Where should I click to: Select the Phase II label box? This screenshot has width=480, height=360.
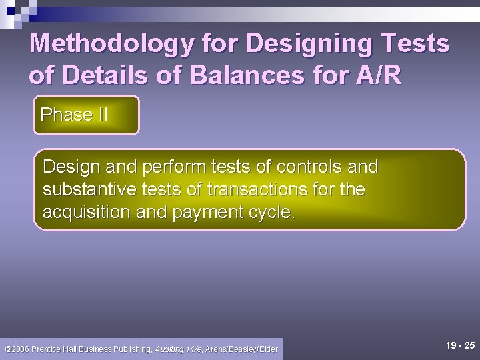86,115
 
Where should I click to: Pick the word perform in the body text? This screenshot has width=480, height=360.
170,167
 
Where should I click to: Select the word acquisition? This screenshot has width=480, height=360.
86,212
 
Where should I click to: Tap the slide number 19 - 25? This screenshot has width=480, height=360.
460,345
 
